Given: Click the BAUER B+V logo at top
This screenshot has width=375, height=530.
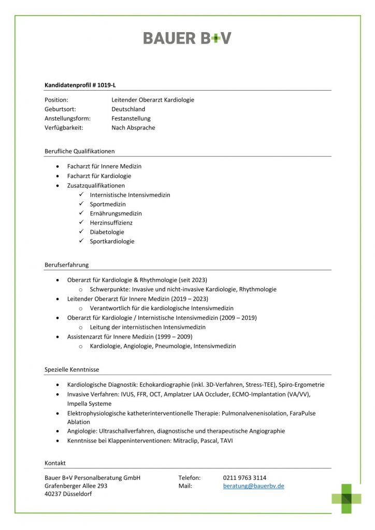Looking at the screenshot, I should pyautogui.click(x=187, y=38).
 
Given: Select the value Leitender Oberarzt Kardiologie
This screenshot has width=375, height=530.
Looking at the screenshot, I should pyautogui.click(x=152, y=100).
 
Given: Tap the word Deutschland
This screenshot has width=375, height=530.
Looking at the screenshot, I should pyautogui.click(x=128, y=109).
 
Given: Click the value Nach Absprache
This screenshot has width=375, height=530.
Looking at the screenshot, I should pyautogui.click(x=133, y=128).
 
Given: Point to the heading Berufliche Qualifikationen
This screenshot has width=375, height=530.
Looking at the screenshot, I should pyautogui.click(x=79, y=151).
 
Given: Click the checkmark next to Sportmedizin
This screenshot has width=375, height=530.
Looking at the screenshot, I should pyautogui.click(x=82, y=204).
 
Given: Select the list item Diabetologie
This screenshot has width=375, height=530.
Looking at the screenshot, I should pyautogui.click(x=107, y=232).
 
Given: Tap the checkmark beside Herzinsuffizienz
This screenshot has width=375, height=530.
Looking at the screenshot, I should pyautogui.click(x=82, y=223).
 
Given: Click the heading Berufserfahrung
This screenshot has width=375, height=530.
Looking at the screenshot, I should pyautogui.click(x=66, y=264).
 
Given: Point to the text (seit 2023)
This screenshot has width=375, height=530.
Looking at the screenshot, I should pyautogui.click(x=192, y=280).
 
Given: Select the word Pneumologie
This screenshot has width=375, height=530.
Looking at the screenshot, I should pyautogui.click(x=172, y=346).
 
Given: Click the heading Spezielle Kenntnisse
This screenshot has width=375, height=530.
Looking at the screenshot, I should pyautogui.click(x=71, y=370).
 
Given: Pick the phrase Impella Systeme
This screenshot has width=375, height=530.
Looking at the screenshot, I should pyautogui.click(x=89, y=404).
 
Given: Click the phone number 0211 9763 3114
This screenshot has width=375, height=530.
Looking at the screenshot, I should pyautogui.click(x=244, y=478).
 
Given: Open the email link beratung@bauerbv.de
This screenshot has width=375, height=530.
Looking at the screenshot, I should pyautogui.click(x=253, y=486).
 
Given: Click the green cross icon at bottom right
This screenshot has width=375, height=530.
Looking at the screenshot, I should pyautogui.click(x=347, y=498).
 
